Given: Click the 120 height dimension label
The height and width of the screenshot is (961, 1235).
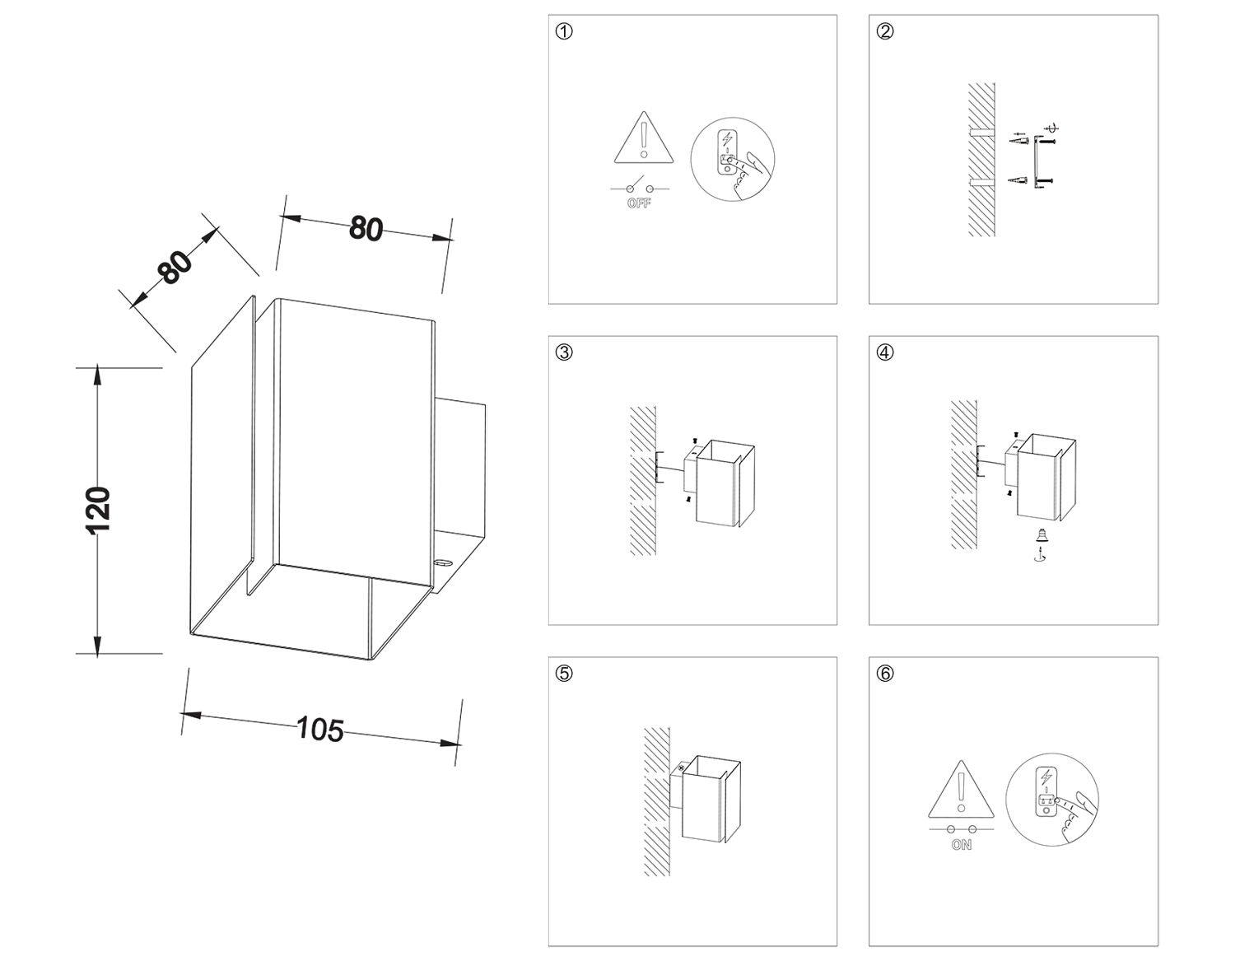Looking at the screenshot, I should [98, 510].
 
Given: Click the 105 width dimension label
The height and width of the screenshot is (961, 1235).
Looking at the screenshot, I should [319, 729].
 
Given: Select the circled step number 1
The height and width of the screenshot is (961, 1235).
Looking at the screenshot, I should [564, 31].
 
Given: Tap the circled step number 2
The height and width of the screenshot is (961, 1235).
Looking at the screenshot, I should [885, 31].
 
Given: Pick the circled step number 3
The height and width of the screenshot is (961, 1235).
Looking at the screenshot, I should [564, 352].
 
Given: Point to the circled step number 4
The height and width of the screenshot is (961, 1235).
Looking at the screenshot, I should [885, 352].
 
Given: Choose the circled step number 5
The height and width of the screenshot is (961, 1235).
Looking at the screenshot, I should [564, 674].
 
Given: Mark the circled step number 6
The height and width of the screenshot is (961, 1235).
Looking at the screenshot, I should [885, 674].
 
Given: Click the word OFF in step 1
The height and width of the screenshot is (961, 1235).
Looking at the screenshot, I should [639, 203].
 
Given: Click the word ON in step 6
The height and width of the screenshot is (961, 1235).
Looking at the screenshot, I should [961, 845].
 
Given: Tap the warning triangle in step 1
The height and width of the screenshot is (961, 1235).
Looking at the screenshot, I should [644, 139].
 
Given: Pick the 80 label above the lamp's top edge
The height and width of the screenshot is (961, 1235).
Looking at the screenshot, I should [366, 228].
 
